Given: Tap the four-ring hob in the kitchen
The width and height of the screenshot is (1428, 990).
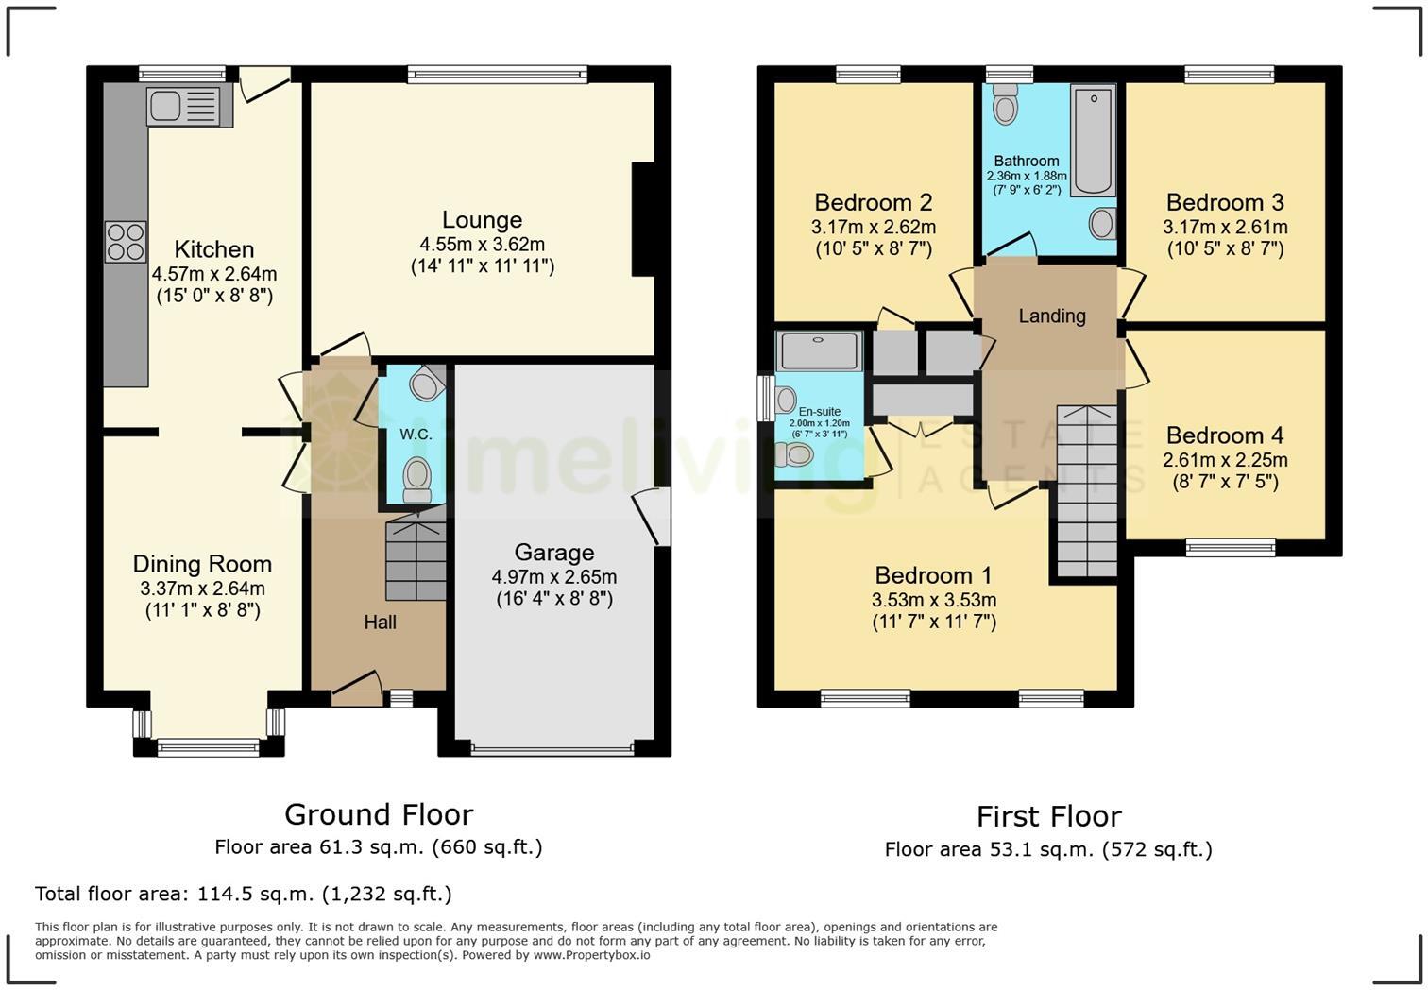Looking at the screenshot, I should [x=126, y=241].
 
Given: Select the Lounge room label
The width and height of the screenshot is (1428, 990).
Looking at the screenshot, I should [x=482, y=220].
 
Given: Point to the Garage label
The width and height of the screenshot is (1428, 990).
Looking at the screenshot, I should [x=554, y=553].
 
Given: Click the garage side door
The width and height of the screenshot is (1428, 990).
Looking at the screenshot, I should [x=652, y=517].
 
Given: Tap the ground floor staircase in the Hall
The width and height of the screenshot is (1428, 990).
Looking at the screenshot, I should [x=416, y=558].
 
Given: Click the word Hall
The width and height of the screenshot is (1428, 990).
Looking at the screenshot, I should [x=380, y=623].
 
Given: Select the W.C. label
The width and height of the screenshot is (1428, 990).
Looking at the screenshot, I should [x=416, y=435].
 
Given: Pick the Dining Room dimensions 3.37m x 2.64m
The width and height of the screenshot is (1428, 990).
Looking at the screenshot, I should [x=202, y=589].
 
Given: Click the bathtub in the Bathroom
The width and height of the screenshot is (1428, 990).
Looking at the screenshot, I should [x=1093, y=139].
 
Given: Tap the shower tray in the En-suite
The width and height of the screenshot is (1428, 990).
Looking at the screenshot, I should [x=818, y=350].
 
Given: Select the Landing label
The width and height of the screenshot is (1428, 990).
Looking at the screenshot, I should [x=1051, y=316].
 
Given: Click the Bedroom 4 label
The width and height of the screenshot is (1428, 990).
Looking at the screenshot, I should [x=1224, y=435].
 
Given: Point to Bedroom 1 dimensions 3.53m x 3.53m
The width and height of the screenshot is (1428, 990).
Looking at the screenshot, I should [x=933, y=600].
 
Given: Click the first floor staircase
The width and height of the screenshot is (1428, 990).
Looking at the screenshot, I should [x=1086, y=490].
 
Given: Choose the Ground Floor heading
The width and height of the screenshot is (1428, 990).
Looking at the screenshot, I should [x=378, y=814].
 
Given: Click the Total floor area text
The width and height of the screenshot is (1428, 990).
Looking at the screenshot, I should [x=243, y=894].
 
